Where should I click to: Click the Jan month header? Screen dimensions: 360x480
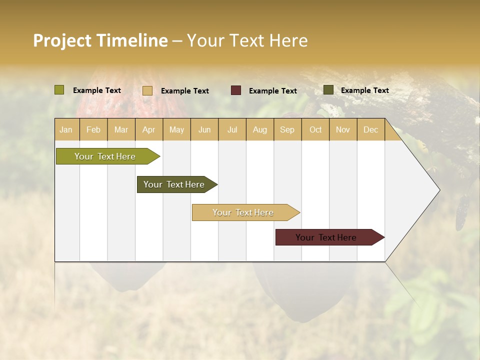click(66, 129)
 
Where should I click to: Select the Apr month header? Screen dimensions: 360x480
click(148, 129)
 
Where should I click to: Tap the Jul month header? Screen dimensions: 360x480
click(232, 129)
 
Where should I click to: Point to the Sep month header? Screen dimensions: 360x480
click(287, 129)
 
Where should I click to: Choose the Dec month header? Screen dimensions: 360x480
click(370, 129)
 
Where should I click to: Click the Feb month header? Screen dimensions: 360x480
click(93, 129)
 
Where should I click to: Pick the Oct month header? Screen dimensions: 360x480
click(315, 129)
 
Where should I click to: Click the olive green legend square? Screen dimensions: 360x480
click(59, 90)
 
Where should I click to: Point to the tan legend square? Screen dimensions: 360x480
click(147, 90)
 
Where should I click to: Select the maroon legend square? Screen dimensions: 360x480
click(236, 90)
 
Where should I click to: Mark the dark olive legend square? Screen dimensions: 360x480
click(328, 90)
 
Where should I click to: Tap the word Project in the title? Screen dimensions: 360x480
click(62, 40)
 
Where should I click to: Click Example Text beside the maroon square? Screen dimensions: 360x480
click(272, 91)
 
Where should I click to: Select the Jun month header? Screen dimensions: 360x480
click(204, 129)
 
